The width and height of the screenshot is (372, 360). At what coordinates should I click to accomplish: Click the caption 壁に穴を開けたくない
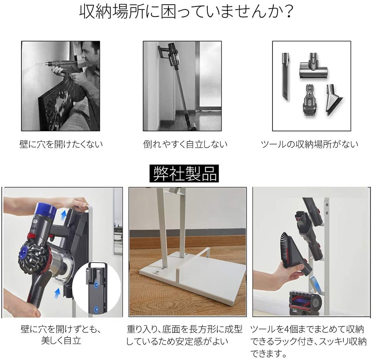[61, 144]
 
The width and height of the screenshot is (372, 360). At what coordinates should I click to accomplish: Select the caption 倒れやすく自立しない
[185, 144]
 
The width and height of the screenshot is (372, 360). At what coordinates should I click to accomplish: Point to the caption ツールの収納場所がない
[310, 144]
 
